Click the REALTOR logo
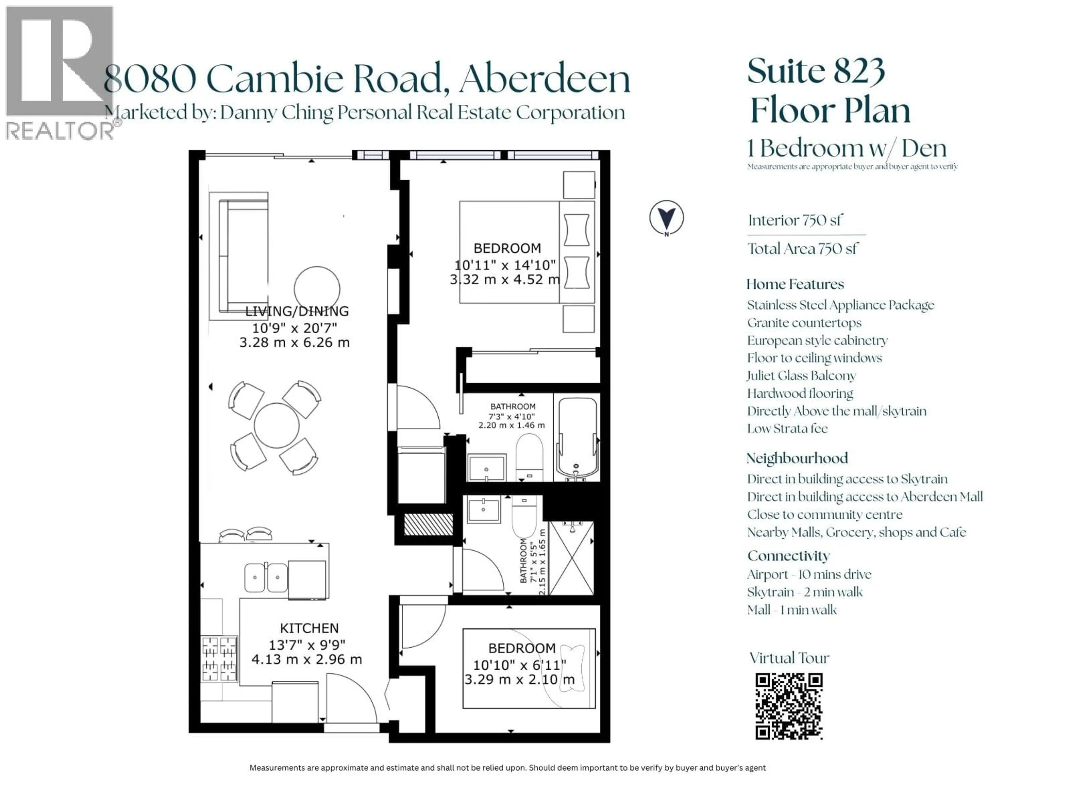[x=60, y=72]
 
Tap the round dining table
[x=277, y=426]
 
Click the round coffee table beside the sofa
[x=317, y=289]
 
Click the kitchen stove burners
[x=219, y=659]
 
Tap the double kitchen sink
[x=266, y=577]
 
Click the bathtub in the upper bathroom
[x=577, y=437]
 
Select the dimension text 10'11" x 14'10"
[x=505, y=265]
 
